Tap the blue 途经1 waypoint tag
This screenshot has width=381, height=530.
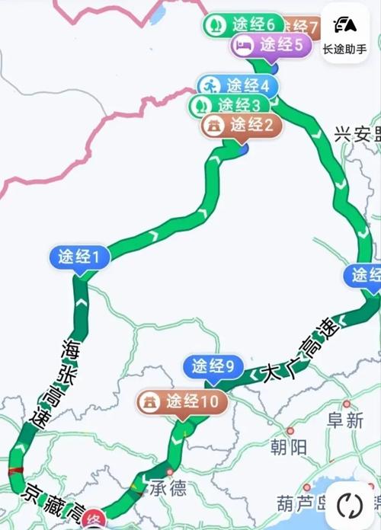[79, 257]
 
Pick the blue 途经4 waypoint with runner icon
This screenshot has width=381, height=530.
[237, 85]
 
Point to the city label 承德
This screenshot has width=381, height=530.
[168, 487]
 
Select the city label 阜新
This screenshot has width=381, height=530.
[345, 420]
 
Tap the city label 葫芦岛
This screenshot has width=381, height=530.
[301, 503]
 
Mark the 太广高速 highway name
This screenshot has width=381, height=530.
[296, 351]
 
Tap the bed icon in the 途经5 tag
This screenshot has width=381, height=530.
[244, 46]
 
